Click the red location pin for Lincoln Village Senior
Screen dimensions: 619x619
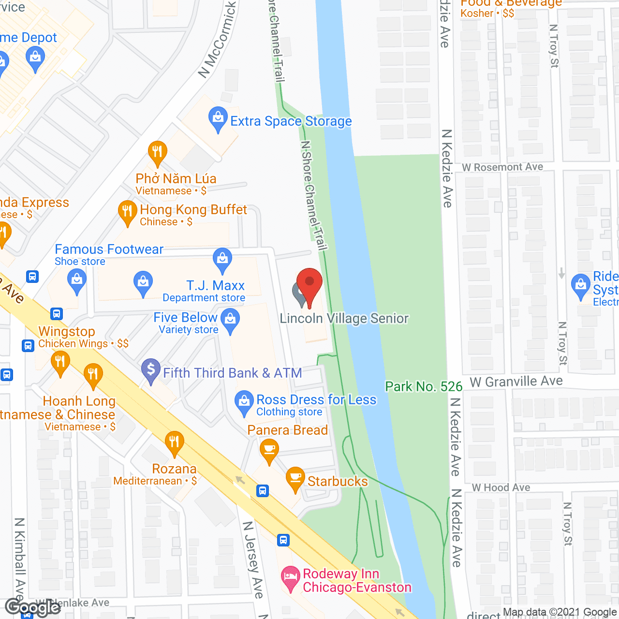309,283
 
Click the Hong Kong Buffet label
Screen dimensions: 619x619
193,210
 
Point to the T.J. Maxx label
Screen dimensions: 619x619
216,286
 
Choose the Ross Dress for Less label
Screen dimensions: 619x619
316,400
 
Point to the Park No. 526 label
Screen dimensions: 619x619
424,386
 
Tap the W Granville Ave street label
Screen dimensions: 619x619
516,382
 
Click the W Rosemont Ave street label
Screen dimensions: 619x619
502,167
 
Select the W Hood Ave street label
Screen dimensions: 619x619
501,487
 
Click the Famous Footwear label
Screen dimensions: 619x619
109,250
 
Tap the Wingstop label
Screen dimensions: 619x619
67,332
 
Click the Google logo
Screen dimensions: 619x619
32,607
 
